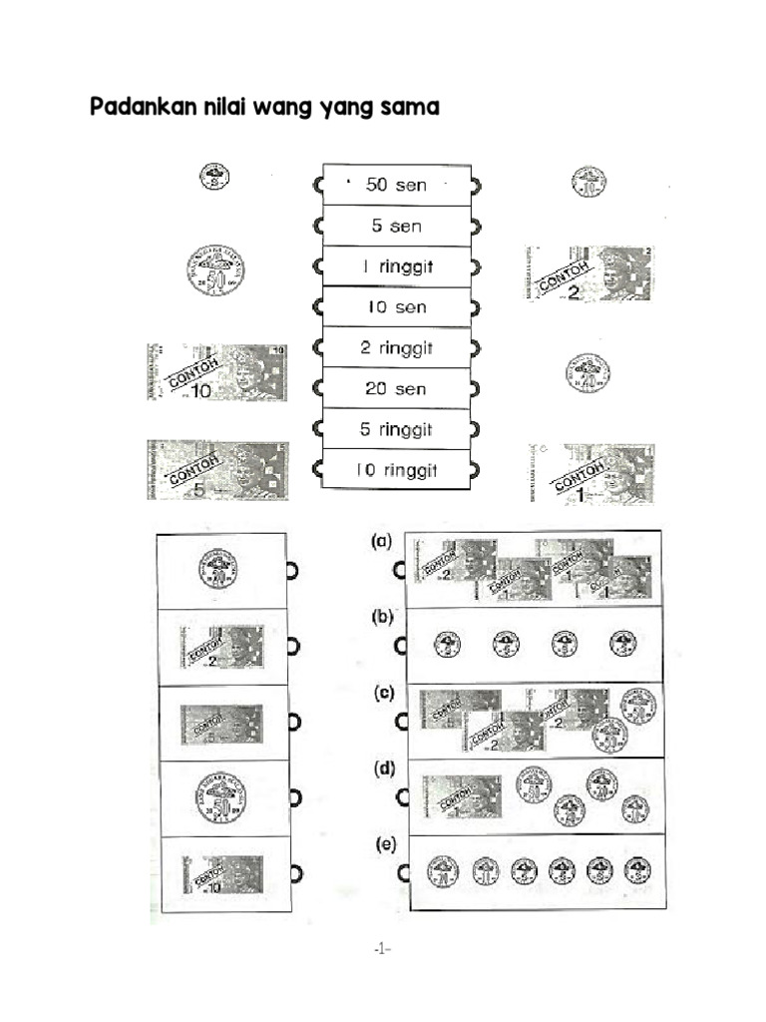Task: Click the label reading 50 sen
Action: tap(396, 185)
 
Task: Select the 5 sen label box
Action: tap(396, 226)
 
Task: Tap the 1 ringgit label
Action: tap(396, 266)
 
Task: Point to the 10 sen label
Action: tap(396, 307)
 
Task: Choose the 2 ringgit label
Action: tap(396, 348)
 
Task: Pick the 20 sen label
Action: tap(396, 388)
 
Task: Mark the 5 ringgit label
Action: tap(396, 429)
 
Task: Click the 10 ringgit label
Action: tap(396, 470)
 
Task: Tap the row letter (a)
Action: tap(381, 542)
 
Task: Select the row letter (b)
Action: tap(381, 618)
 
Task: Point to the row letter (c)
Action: tap(381, 694)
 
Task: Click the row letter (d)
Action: tap(381, 769)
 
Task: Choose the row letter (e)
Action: tap(383, 845)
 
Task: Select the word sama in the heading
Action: tap(409, 107)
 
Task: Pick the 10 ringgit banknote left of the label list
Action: tap(215, 373)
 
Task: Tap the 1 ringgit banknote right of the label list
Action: tap(592, 473)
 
